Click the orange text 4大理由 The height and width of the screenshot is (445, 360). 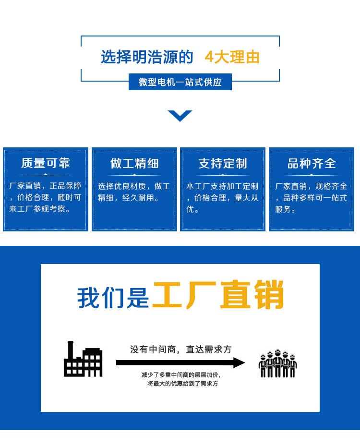coord(232,57)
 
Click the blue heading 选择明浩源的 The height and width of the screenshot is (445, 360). coord(147,57)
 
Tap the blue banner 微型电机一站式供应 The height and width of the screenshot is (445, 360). coord(180,82)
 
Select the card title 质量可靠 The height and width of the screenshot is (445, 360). coord(46,163)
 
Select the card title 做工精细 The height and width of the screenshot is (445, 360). coord(134,164)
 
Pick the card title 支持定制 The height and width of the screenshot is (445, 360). coord(223,164)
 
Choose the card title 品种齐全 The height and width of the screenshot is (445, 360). coord(312,164)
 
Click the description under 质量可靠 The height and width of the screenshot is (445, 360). coord(46,197)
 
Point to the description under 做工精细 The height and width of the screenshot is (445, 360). coord(134,192)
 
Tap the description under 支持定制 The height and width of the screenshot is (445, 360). coord(222,197)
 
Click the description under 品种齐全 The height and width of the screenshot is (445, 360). coord(311,197)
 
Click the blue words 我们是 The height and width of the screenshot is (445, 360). coord(113,298)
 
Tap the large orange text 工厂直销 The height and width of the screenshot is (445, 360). coord(218,295)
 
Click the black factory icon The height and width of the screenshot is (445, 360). coord(83,359)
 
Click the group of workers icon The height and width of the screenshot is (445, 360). coord(278,363)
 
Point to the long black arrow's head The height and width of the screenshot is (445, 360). coord(239,363)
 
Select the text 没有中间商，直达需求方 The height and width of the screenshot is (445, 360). coord(180,349)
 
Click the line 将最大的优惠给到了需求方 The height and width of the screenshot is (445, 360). coord(183,384)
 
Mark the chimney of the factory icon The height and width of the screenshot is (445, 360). coord(71,350)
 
